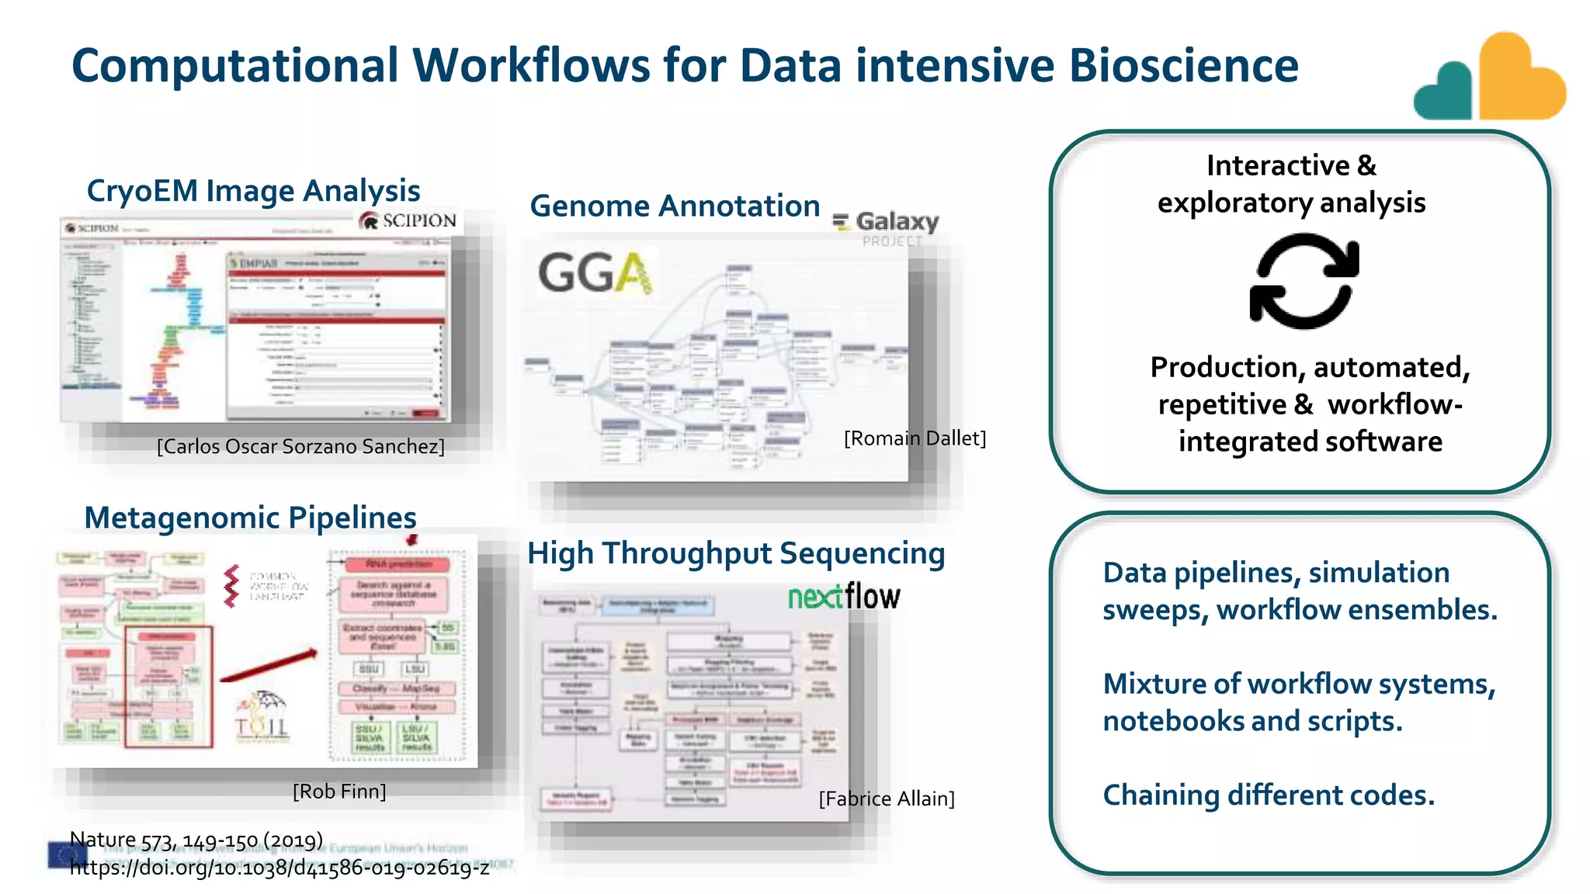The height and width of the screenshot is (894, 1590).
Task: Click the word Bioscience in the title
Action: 1183,65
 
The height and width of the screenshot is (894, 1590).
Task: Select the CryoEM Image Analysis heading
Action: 253,191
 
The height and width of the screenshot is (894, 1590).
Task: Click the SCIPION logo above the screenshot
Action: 408,220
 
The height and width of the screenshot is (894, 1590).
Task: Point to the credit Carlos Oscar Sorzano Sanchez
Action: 300,446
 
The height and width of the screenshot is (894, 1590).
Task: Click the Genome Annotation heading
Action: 674,206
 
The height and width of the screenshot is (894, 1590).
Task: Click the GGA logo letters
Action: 595,273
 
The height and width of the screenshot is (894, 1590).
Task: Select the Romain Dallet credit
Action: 915,438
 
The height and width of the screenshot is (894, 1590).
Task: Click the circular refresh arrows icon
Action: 1304,282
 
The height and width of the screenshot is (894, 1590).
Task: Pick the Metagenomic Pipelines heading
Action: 250,518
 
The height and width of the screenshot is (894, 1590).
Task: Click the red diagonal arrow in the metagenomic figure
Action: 269,666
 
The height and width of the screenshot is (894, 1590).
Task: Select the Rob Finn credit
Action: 339,792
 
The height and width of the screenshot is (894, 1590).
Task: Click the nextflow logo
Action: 844,597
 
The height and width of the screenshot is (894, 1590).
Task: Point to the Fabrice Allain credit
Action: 887,799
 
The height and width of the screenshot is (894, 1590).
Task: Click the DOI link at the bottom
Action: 279,868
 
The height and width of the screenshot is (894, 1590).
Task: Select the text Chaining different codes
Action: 1269,795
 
